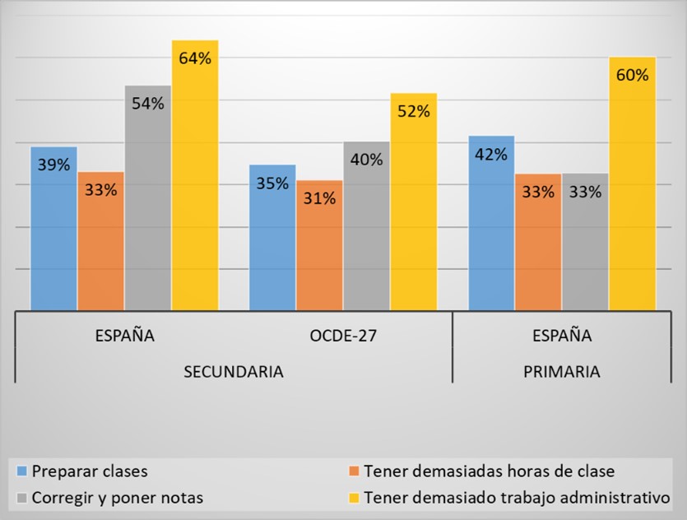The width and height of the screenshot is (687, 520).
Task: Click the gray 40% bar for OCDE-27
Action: pyautogui.click(x=366, y=226)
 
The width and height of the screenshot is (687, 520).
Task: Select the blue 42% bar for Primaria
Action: pyautogui.click(x=490, y=222)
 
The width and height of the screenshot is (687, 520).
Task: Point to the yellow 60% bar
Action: pyautogui.click(x=632, y=185)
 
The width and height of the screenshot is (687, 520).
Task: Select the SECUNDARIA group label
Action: pyautogui.click(x=233, y=371)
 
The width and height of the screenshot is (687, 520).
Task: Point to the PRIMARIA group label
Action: pyautogui.click(x=561, y=371)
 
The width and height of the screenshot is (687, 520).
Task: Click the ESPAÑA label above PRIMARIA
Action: pyautogui.click(x=561, y=336)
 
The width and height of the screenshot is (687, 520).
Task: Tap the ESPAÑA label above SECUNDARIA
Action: pyautogui.click(x=124, y=336)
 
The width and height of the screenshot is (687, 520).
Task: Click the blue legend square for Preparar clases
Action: pyautogui.click(x=22, y=472)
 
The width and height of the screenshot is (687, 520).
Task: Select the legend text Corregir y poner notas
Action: pyautogui.click(x=118, y=497)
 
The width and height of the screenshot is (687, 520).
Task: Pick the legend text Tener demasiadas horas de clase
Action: pyautogui.click(x=489, y=471)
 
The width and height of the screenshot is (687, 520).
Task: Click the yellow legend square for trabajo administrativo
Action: pyautogui.click(x=353, y=497)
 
